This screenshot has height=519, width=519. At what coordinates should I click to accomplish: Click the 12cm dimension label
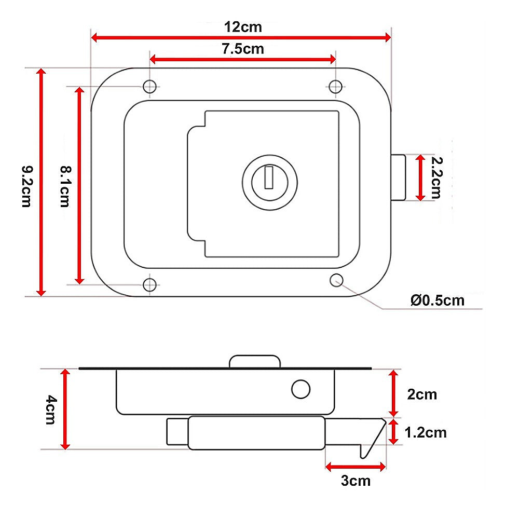pyautogui.click(x=243, y=27)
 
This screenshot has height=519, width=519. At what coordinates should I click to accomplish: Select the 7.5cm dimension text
pyautogui.click(x=243, y=49)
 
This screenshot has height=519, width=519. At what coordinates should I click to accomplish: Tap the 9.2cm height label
pyautogui.click(x=27, y=186)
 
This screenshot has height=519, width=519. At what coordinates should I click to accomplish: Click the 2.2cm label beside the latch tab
pyautogui.click(x=436, y=177)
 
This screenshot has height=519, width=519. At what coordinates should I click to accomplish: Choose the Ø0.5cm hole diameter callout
pyautogui.click(x=437, y=301)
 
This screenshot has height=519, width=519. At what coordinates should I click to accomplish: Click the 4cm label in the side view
pyautogui.click(x=51, y=409)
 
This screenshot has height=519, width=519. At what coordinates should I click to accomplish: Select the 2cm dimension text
pyautogui.click(x=422, y=394)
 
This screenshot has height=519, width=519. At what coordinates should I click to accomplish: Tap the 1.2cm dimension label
pyautogui.click(x=426, y=433)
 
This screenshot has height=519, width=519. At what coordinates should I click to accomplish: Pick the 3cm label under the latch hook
pyautogui.click(x=356, y=481)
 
